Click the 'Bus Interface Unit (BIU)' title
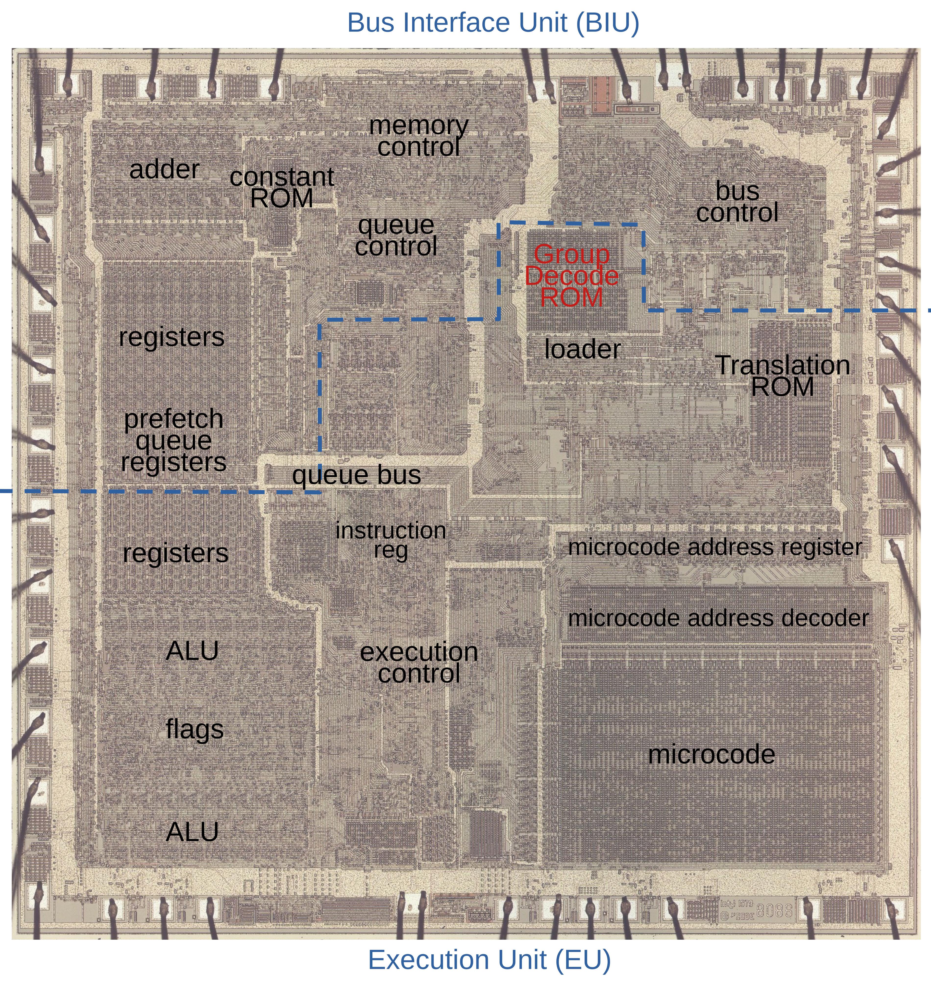coord(493,23)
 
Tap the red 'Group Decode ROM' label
coord(572,276)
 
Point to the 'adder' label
coord(164,170)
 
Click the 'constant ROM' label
coord(282,188)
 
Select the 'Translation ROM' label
coord(782,376)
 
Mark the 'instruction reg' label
coord(391,540)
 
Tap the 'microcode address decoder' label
coord(718,618)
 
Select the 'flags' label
coord(195,729)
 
